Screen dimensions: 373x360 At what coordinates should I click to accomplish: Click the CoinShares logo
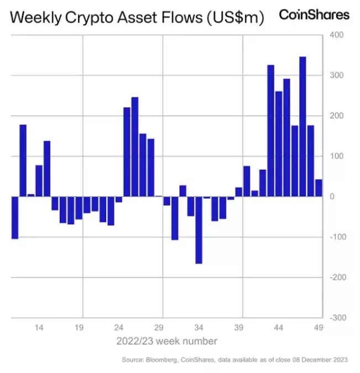(314, 14)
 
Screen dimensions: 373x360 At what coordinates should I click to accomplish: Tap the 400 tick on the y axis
(337, 35)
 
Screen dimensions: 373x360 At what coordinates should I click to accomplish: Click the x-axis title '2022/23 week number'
(166, 341)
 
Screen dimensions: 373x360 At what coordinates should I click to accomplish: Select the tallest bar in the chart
(302, 127)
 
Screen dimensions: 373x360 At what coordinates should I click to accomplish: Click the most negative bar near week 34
(199, 230)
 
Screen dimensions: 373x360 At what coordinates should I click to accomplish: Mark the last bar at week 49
(319, 188)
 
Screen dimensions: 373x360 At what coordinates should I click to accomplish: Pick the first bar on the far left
(15, 218)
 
